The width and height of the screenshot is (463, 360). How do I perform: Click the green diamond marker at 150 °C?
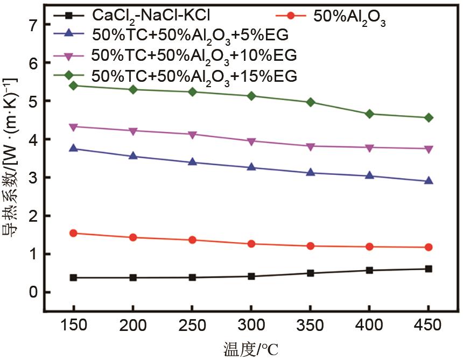[x=73, y=86]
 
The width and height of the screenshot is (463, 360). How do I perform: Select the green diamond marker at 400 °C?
[x=369, y=114]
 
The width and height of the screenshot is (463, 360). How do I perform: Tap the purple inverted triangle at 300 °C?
[x=251, y=141]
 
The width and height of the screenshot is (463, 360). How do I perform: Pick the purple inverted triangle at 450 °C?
[x=429, y=149]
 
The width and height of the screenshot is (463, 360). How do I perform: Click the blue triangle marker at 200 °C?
[x=132, y=156]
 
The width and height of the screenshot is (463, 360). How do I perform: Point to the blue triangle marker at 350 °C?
[x=310, y=172]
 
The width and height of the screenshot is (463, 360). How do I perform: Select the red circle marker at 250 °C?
[x=192, y=240]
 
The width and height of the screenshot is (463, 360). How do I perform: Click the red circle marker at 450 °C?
[x=429, y=247]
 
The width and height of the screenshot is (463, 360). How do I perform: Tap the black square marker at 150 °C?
[x=73, y=278]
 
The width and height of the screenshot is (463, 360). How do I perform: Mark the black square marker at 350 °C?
[x=310, y=273]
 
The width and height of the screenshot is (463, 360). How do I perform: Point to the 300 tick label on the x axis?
[x=251, y=325]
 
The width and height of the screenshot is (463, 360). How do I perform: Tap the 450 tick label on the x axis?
[x=429, y=325]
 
